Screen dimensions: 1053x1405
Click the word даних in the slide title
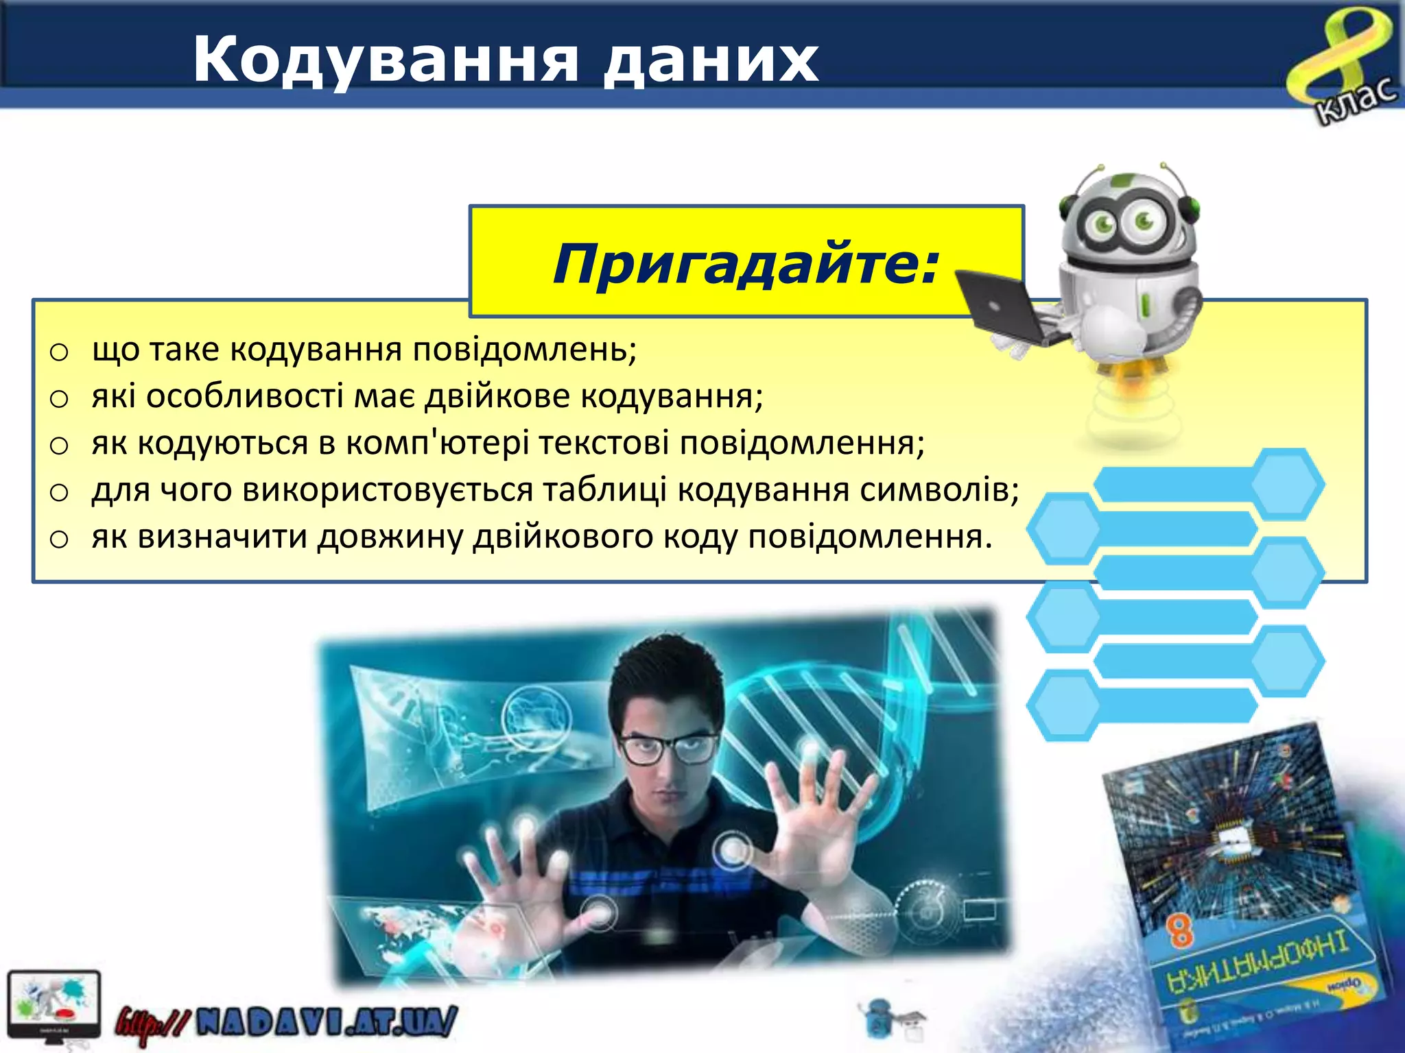click(x=711, y=60)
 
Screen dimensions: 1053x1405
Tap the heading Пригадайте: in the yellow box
click(x=745, y=263)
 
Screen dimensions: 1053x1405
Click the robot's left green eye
click(x=1105, y=222)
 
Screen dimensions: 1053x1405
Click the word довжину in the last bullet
click(x=390, y=536)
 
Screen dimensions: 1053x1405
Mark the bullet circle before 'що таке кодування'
click(x=60, y=352)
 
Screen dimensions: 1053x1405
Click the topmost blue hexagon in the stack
click(x=1287, y=484)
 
